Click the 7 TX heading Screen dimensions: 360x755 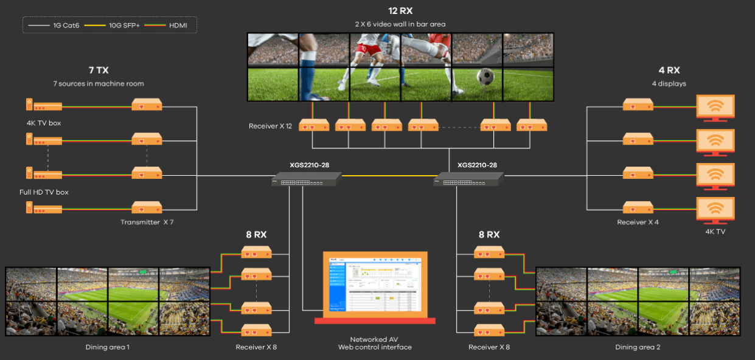point(98,71)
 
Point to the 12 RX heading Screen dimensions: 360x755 point(400,11)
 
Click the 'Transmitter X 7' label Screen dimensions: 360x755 point(147,222)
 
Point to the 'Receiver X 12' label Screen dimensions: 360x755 point(270,126)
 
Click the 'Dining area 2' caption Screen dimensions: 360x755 point(638,347)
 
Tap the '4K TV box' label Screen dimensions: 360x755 point(44,123)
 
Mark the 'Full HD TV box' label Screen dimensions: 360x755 point(44,192)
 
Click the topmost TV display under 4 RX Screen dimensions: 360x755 point(715,108)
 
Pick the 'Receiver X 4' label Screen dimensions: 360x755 point(638,222)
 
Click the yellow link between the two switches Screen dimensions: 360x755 point(388,176)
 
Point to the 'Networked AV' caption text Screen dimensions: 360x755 point(375,339)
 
